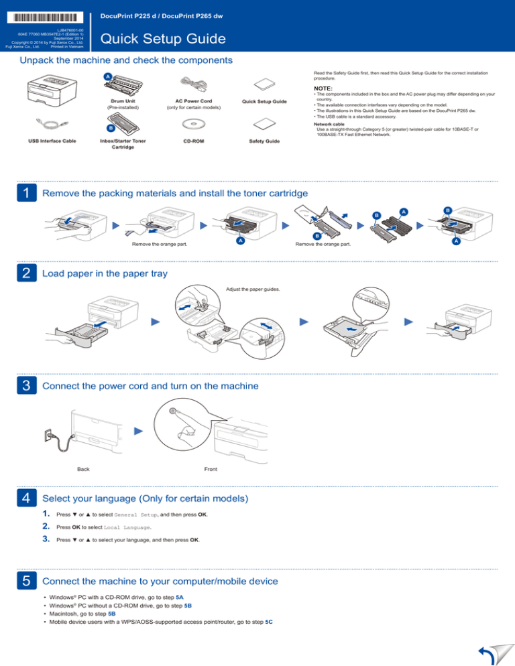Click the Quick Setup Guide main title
click(162, 40)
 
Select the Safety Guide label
click(264, 141)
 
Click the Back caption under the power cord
click(83, 469)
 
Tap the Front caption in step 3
click(210, 469)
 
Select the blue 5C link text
click(268, 622)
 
